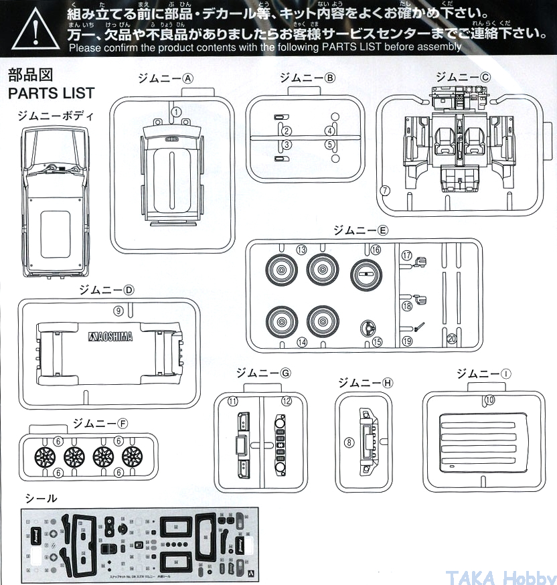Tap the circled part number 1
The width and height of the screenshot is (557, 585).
click(x=176, y=112)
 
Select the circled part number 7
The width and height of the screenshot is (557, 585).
click(x=384, y=191)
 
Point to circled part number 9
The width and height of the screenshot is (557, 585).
click(x=118, y=311)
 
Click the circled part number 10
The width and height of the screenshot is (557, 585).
click(x=489, y=400)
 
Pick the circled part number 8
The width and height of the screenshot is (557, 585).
click(x=348, y=442)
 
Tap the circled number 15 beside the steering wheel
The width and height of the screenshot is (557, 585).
click(x=377, y=341)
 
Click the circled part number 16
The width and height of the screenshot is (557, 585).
click(x=375, y=250)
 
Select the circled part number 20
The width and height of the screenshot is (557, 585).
click(x=452, y=339)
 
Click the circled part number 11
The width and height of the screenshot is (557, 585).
click(x=232, y=402)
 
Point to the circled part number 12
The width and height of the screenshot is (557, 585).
click(x=287, y=402)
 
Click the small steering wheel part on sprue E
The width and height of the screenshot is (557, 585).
click(x=365, y=328)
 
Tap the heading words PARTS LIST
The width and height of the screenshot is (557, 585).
click(x=51, y=92)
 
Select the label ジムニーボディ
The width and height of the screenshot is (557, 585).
click(x=56, y=115)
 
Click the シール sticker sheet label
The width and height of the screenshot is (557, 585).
click(x=41, y=497)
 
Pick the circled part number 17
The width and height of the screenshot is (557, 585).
click(x=406, y=256)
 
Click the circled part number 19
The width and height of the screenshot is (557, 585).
click(x=406, y=341)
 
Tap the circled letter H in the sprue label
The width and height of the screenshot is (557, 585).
click(x=387, y=383)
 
